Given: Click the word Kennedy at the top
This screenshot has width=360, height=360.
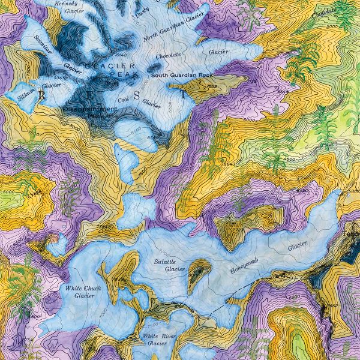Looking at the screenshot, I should click(x=65, y=3).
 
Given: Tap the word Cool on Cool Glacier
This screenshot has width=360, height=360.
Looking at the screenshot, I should click(x=124, y=99).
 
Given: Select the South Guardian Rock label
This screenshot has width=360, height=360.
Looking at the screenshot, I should click(x=182, y=75).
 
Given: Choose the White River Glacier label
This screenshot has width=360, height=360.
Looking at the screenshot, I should click(x=157, y=340).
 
